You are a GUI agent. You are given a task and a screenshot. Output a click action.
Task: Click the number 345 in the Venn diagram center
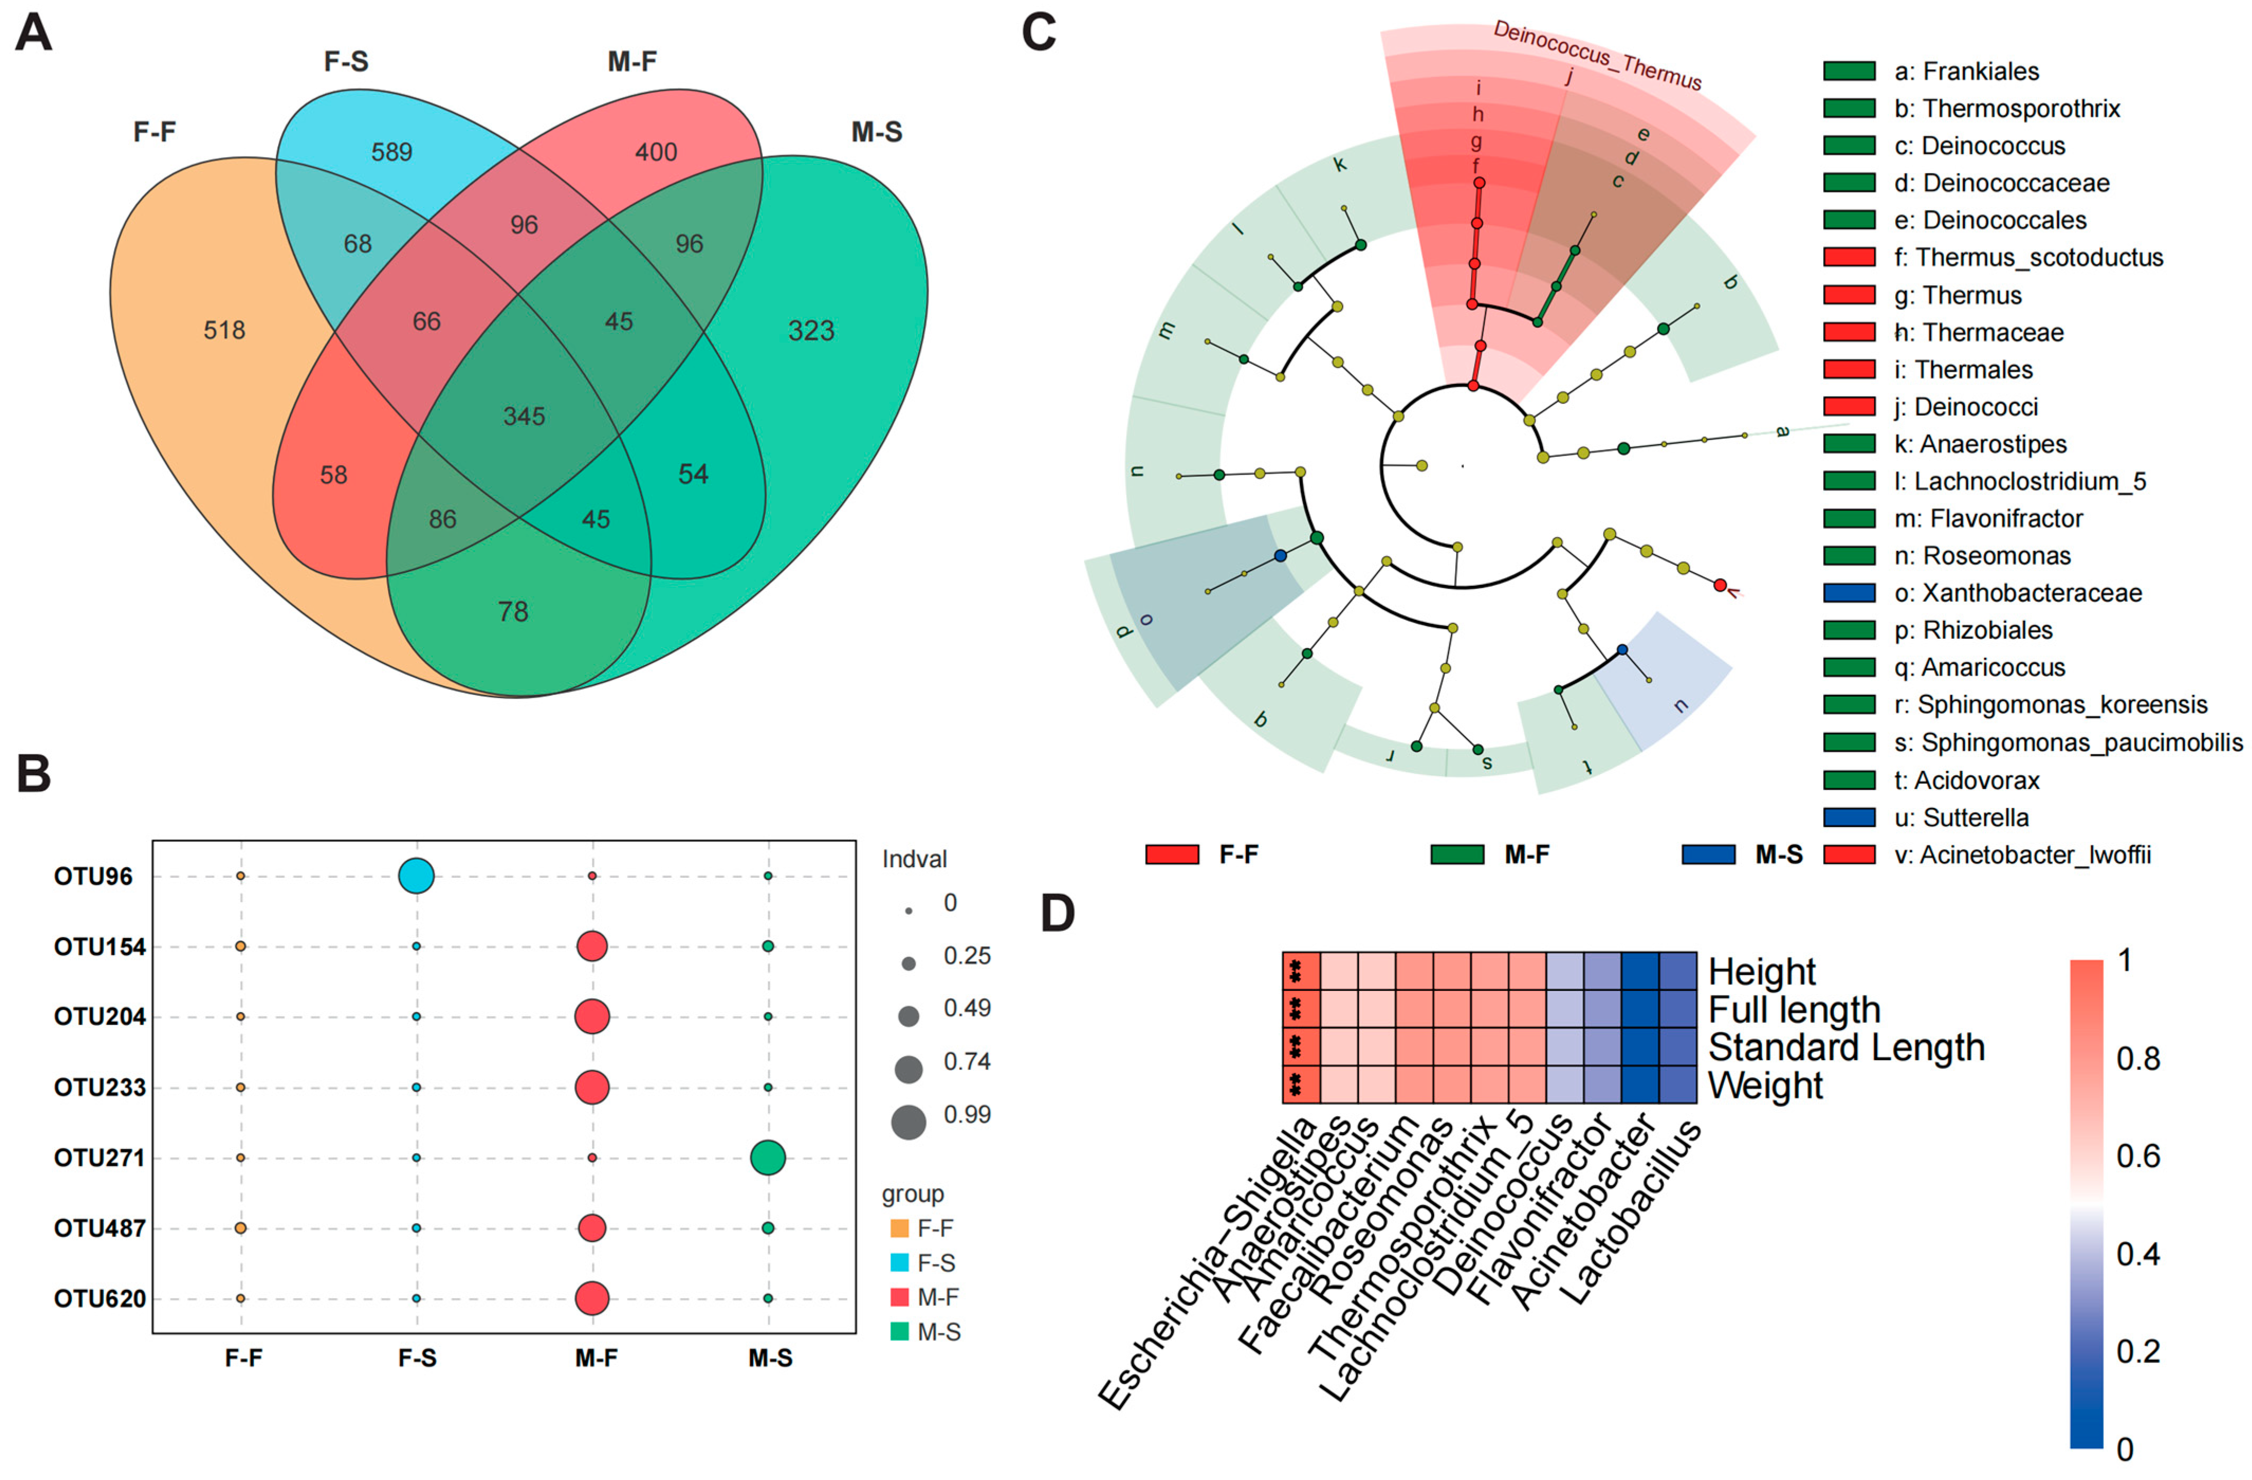524,416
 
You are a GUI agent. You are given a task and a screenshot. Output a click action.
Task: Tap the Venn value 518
224,330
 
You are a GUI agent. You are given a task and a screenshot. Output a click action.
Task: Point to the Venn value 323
811,330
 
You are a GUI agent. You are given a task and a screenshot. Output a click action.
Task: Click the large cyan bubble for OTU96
416,876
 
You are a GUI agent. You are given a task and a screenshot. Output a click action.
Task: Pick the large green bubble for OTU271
767,1157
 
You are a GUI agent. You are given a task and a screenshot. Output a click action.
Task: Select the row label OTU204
99,1017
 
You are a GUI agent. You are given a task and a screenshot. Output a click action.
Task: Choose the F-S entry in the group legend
935,1262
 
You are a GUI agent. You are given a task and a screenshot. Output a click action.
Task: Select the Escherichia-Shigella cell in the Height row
1301,972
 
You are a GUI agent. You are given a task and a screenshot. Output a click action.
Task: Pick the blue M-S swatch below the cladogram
1708,854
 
